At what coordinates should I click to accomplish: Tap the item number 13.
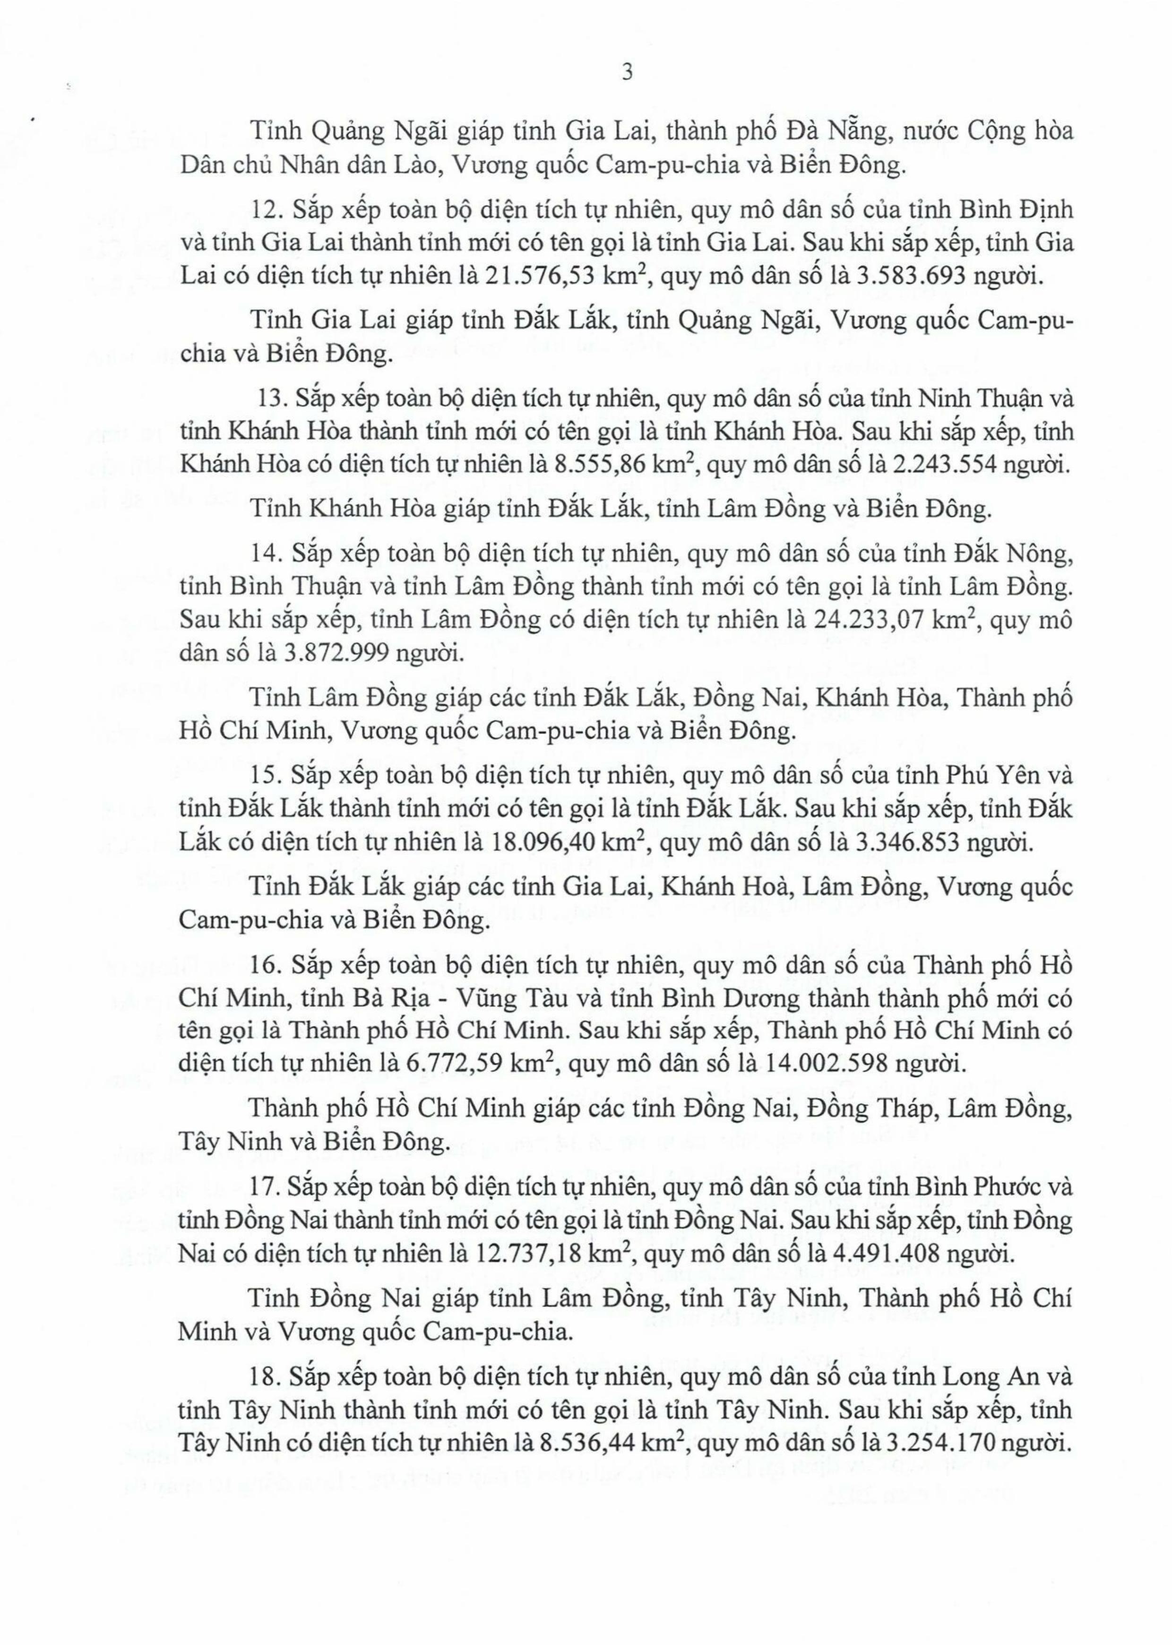[272, 399]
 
